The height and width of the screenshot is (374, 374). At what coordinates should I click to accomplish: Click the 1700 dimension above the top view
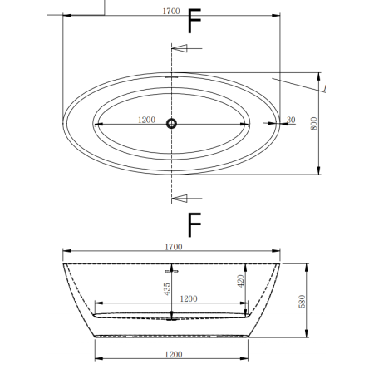click(173, 11)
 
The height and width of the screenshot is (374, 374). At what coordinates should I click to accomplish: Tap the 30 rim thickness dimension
click(290, 120)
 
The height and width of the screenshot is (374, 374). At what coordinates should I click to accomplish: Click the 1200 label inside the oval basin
click(146, 120)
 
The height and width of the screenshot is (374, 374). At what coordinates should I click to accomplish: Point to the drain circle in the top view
click(172, 124)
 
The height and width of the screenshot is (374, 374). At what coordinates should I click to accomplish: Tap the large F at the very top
click(194, 21)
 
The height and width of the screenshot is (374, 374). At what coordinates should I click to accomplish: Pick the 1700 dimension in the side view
click(173, 246)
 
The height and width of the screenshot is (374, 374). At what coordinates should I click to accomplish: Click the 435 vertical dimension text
click(167, 289)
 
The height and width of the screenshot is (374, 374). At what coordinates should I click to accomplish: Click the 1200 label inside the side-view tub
click(189, 298)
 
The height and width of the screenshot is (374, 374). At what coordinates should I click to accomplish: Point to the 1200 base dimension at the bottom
click(173, 354)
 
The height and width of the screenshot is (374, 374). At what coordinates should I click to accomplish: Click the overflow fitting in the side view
click(173, 270)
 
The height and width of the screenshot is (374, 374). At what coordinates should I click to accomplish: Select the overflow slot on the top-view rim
click(172, 76)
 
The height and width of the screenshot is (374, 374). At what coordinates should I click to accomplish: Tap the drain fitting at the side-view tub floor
click(173, 316)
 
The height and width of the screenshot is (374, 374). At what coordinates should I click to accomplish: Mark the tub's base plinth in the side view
click(173, 336)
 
